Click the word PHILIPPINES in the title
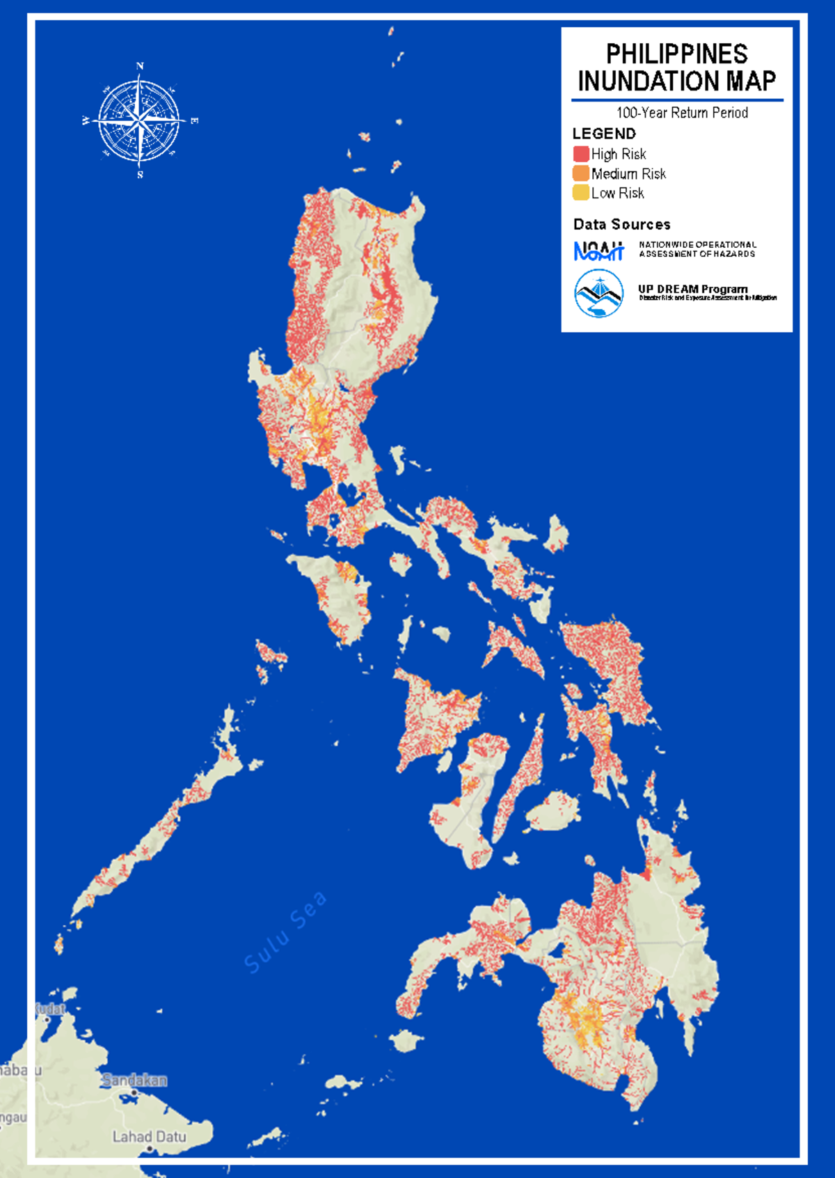click(x=676, y=54)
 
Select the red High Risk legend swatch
click(x=581, y=154)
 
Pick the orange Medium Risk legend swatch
click(x=581, y=173)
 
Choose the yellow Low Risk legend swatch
click(x=581, y=193)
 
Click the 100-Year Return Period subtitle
click(x=682, y=113)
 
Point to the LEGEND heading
click(x=604, y=134)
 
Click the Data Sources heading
click(x=621, y=224)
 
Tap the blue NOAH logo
click(x=598, y=251)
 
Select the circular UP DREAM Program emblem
click(x=598, y=293)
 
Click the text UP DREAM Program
click(x=692, y=289)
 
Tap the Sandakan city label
click(x=134, y=1080)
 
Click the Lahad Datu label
click(x=149, y=1137)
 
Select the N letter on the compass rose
click(x=140, y=66)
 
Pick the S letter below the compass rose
click(x=140, y=175)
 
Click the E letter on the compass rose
click(x=194, y=121)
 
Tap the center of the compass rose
click(x=140, y=121)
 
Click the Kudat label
click(x=50, y=1009)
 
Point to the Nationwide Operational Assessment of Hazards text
click(x=697, y=249)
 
